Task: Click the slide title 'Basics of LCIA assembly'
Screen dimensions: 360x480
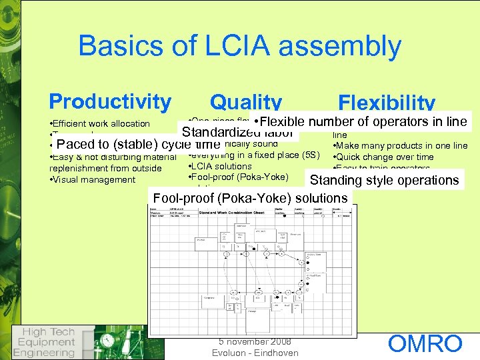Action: [239, 46]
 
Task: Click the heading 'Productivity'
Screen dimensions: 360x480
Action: [110, 101]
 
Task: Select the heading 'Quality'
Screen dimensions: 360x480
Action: [245, 103]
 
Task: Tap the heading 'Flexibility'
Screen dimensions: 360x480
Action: [387, 103]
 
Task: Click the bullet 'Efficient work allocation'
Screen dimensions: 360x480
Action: [100, 123]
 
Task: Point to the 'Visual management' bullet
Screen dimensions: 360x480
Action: [93, 179]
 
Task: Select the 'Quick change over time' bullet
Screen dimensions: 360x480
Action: [383, 157]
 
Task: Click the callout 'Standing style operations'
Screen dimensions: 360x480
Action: [384, 180]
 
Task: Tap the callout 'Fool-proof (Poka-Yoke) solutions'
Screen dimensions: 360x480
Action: [250, 198]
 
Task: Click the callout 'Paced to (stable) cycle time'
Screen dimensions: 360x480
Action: [139, 145]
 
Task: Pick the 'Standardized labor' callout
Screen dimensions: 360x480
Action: [237, 131]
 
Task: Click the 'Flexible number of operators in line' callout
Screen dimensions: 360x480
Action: [361, 121]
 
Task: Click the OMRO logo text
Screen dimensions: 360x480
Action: [425, 344]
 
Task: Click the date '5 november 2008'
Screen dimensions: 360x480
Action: [255, 341]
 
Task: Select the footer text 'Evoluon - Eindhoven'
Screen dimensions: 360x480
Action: [255, 353]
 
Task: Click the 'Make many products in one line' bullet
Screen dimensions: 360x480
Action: [399, 145]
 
